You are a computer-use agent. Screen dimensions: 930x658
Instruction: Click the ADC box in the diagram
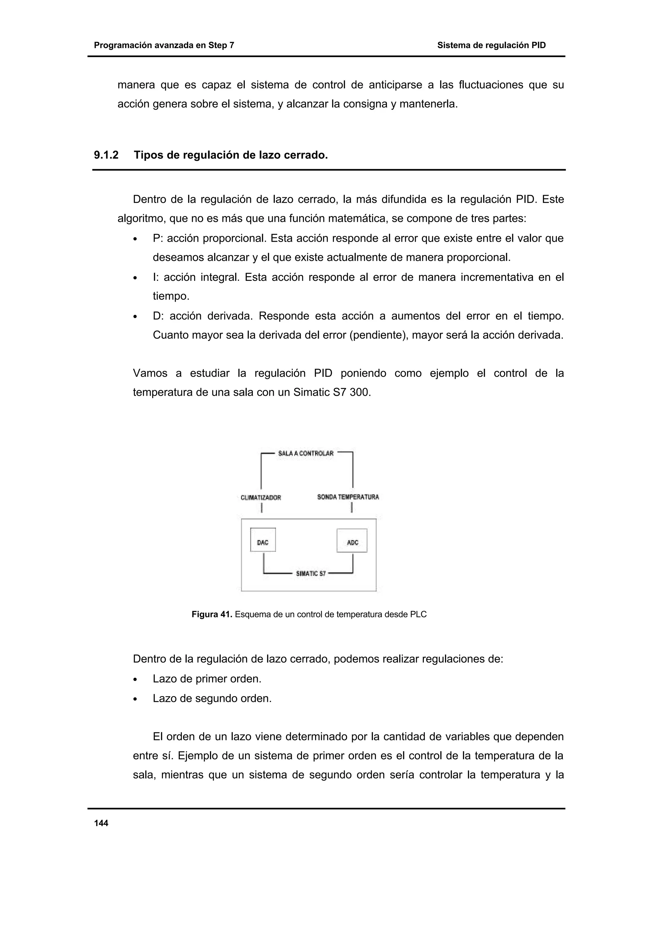[x=352, y=540]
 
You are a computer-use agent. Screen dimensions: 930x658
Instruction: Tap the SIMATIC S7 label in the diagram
[x=311, y=573]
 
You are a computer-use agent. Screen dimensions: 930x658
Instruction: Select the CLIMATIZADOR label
[x=261, y=497]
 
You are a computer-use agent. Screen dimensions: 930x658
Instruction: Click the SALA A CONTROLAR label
[x=306, y=453]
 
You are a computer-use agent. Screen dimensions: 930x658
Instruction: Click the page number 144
[x=101, y=823]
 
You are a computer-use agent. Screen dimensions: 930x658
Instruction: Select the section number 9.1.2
[x=106, y=155]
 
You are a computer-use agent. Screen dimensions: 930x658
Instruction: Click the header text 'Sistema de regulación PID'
[x=491, y=45]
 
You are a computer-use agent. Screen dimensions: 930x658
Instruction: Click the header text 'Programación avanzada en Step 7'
[x=164, y=45]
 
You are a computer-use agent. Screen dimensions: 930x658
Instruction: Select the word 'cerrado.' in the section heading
[x=307, y=155]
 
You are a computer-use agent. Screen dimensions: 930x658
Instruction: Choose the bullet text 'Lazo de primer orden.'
[x=207, y=679]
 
